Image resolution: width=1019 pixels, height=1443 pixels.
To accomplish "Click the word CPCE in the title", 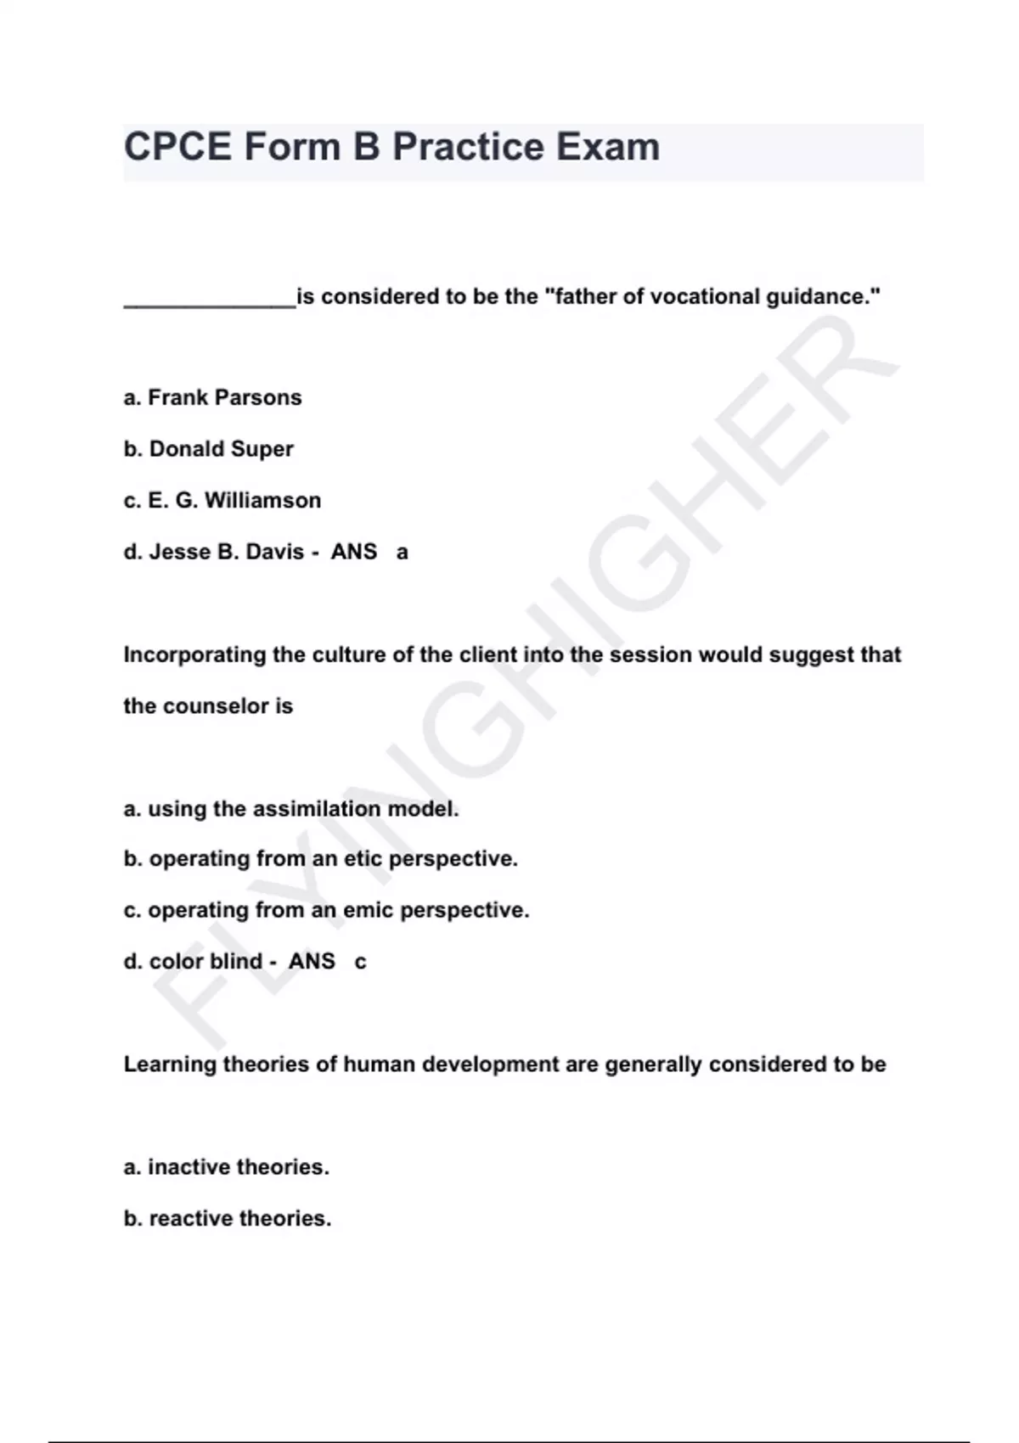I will [177, 147].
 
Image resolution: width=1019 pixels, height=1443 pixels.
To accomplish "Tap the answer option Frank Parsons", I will [224, 397].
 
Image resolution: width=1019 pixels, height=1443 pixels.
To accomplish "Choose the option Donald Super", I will [221, 449].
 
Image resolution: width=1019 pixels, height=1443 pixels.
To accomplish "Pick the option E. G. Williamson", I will [234, 500].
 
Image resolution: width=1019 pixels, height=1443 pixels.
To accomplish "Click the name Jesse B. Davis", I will [226, 552].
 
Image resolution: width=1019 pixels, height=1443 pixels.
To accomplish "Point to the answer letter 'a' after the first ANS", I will [403, 553].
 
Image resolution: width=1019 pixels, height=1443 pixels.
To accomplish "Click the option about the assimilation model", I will [302, 809].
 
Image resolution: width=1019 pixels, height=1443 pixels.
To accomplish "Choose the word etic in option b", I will [363, 859].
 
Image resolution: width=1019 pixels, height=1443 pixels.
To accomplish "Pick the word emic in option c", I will [368, 910].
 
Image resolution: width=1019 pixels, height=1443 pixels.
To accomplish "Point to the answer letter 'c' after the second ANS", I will [360, 963].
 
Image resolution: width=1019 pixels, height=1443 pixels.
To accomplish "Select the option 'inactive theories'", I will [238, 1167].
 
